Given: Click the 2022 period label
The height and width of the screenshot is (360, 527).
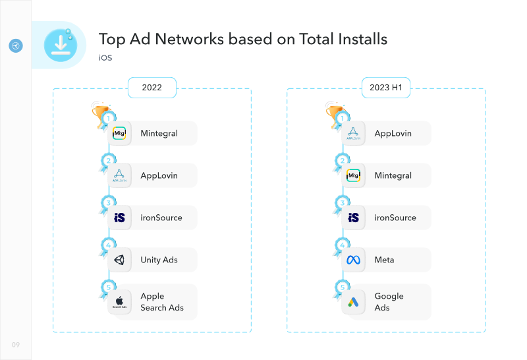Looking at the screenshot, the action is point(152,88).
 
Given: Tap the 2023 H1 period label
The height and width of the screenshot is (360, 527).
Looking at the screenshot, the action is point(386,88).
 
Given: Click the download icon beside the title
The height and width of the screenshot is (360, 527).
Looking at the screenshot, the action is point(61,45).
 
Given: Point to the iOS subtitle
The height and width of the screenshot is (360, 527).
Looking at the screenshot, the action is point(105,58).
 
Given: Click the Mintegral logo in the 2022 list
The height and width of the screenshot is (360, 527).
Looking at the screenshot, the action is point(119,133).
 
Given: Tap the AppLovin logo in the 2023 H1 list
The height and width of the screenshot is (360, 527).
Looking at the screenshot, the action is point(353,133).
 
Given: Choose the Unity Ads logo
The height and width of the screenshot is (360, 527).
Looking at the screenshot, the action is point(119,260).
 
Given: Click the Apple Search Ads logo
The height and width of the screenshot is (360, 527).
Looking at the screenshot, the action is point(119,302).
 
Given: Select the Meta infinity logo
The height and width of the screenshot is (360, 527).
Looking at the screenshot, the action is point(353,260).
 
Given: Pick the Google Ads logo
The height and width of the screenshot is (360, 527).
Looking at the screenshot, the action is point(353,302).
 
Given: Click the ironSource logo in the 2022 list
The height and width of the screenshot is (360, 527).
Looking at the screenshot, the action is point(119,218).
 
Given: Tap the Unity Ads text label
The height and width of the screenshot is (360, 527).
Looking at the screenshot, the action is point(159,260).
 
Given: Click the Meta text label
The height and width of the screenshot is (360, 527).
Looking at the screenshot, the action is point(384,260).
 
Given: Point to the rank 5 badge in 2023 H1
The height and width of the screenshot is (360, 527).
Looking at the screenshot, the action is point(342,287).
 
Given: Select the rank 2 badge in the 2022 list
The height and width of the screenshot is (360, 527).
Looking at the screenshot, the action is point(108,161).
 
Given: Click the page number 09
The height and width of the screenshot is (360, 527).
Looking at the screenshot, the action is point(16,345).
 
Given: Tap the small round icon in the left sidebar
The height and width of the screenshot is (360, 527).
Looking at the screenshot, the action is point(16,45).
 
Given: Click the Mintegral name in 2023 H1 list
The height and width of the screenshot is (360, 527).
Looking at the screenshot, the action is point(393,175).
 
